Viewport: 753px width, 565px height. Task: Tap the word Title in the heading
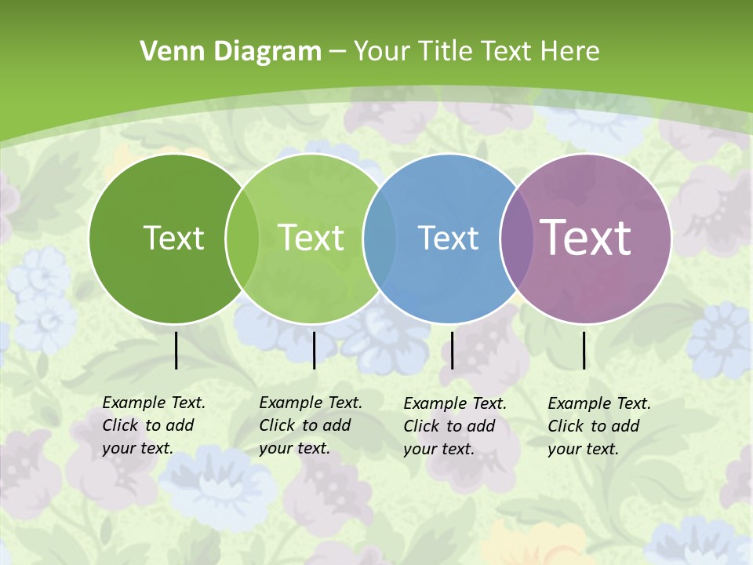(x=447, y=52)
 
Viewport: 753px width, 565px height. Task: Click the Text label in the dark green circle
(x=173, y=238)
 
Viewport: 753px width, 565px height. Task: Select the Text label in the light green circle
(x=311, y=238)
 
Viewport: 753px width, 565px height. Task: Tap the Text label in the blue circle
(x=448, y=238)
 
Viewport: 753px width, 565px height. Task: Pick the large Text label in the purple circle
(x=586, y=238)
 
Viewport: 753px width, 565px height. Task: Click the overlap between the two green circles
(x=242, y=239)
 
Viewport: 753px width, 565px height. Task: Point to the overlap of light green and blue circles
(x=380, y=239)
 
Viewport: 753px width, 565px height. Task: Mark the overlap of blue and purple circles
(x=517, y=239)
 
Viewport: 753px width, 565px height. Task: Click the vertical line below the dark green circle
(x=176, y=350)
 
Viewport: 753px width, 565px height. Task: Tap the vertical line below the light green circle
(x=314, y=350)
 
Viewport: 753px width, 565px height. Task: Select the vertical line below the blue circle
(x=452, y=350)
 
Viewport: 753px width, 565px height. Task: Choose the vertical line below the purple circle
(x=584, y=350)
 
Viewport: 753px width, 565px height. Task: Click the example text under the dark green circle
(x=153, y=425)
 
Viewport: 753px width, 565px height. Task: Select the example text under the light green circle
(x=310, y=425)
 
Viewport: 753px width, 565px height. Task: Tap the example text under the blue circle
(x=454, y=426)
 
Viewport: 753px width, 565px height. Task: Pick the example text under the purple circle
(x=598, y=426)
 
